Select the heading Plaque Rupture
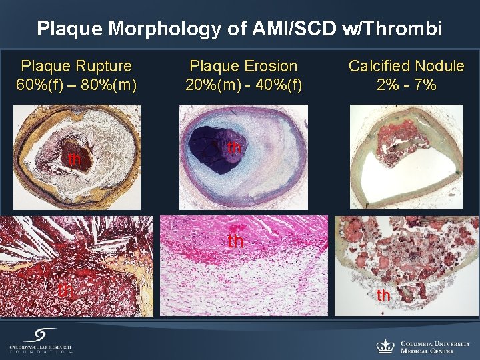77,66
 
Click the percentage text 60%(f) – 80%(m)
77,85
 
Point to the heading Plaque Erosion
243,66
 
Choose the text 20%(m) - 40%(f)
243,85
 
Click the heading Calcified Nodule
407,66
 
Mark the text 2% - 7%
407,85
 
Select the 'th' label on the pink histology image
236,241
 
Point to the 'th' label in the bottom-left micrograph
65,291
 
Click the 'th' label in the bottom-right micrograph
383,295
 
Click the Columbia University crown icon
385,346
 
